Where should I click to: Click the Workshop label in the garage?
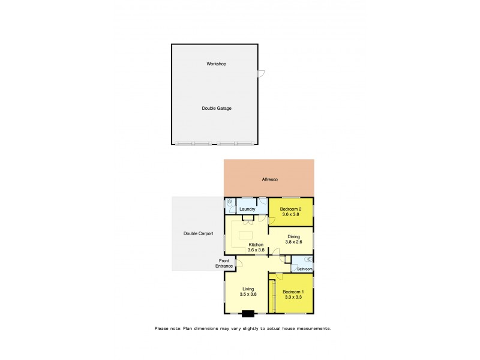click(x=216, y=64)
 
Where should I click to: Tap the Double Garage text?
click(x=216, y=108)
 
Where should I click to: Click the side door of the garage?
click(x=260, y=74)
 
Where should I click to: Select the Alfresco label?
click(x=269, y=179)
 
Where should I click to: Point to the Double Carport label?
click(x=198, y=233)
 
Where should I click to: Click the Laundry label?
click(x=247, y=209)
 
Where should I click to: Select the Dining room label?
click(x=293, y=236)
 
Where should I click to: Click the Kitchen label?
click(x=256, y=244)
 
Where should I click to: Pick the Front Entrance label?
click(x=224, y=263)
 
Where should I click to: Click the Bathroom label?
click(x=304, y=269)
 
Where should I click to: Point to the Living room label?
click(x=248, y=289)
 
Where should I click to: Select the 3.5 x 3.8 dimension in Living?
click(x=248, y=295)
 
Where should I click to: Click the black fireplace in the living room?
click(x=247, y=312)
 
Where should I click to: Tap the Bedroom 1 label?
click(x=293, y=291)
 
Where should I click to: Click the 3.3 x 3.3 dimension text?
click(x=293, y=297)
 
